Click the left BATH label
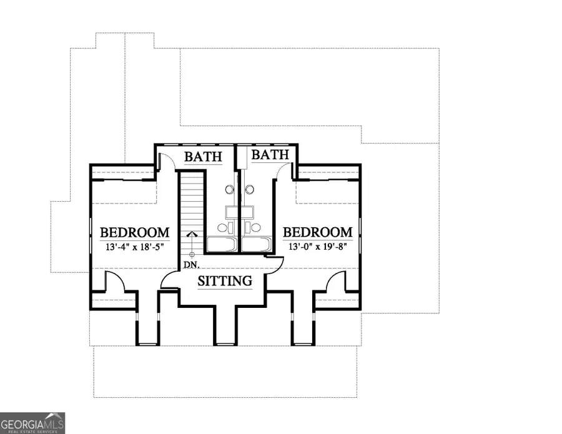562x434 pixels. (203, 157)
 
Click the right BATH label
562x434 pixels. (270, 155)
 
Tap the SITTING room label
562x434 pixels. (225, 280)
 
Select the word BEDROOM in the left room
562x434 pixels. (135, 232)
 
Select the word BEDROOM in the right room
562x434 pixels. (318, 232)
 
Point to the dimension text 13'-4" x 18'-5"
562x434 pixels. (135, 247)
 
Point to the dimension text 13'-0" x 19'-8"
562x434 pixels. (318, 247)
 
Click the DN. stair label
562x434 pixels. (192, 265)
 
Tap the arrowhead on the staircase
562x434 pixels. (192, 234)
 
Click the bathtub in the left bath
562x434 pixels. (222, 244)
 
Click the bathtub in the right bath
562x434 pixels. (255, 244)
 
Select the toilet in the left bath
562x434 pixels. (225, 227)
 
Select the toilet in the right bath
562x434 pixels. (253, 227)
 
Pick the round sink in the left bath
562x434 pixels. (230, 190)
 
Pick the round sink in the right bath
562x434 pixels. (250, 190)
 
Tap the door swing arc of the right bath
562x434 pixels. (282, 167)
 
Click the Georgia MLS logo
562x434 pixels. (32, 423)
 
